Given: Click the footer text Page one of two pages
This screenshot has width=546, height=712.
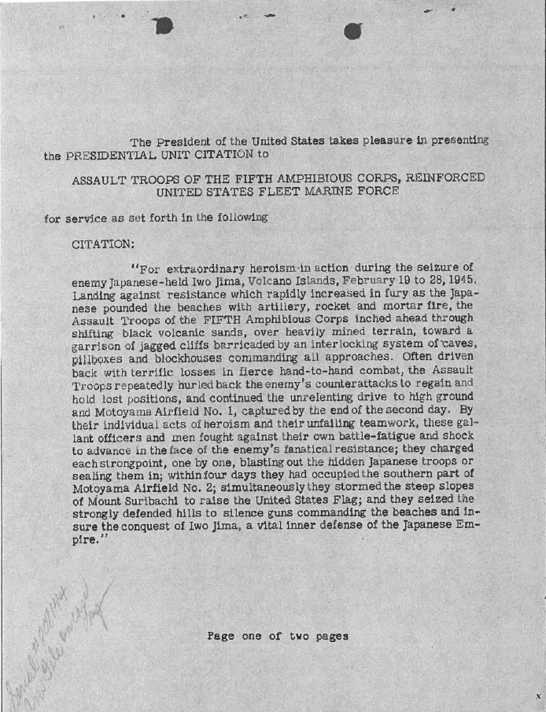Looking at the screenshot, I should click(278, 636).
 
